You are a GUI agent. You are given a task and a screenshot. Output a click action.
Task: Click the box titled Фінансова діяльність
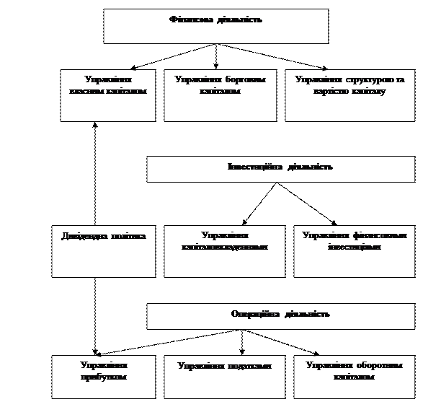[x=215, y=27]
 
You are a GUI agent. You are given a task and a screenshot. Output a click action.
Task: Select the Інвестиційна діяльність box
[x=280, y=169]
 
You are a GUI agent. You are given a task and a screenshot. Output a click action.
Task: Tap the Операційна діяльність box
[x=280, y=316]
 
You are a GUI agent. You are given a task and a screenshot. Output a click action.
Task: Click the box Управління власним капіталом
[x=107, y=95]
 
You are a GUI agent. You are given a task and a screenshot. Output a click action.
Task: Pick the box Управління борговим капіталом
[x=220, y=95]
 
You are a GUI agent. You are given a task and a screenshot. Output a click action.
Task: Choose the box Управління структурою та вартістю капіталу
[x=349, y=95]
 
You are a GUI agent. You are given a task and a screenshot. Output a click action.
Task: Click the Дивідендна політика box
[x=103, y=251]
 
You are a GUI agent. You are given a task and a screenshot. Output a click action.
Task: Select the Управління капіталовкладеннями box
[x=226, y=251]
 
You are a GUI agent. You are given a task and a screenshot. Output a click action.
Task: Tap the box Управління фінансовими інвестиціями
[x=354, y=251]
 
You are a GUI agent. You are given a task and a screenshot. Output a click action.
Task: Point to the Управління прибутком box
[x=103, y=376]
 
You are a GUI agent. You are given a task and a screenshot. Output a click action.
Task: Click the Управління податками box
[x=226, y=376]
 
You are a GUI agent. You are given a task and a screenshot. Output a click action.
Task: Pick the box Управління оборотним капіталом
[x=354, y=376]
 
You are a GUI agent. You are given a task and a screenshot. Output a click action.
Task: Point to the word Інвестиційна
[x=255, y=167]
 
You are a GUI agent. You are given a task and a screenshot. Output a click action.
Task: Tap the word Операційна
[x=257, y=314]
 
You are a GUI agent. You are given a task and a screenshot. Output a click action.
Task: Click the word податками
[x=249, y=366]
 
